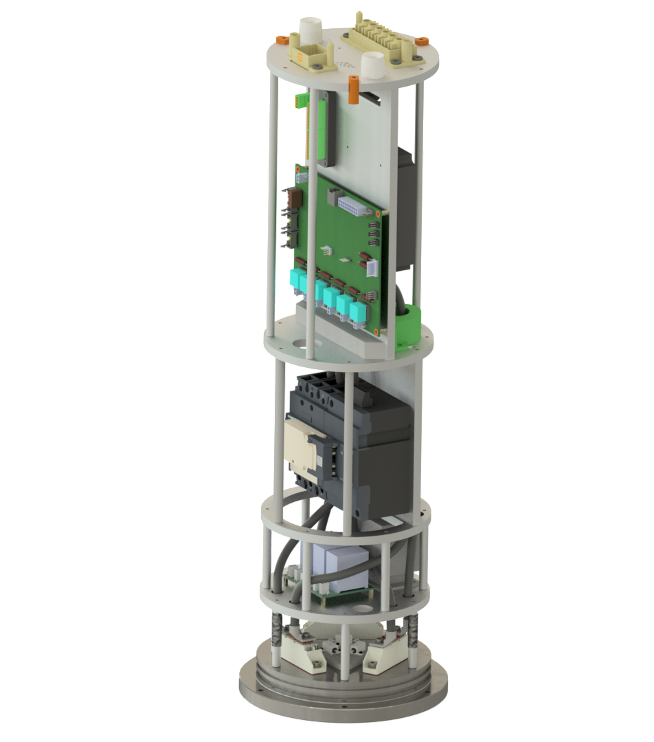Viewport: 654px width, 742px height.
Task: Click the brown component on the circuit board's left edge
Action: pos(296,199)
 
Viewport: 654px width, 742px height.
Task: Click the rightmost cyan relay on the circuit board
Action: pos(357,313)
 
